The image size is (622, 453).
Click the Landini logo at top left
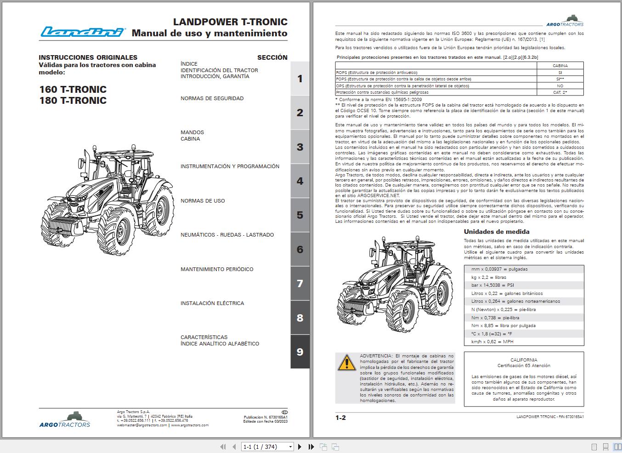83,32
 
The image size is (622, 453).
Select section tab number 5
300,215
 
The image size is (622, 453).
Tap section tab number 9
300,352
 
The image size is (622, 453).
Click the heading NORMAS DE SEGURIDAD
212,98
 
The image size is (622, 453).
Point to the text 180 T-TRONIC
73,101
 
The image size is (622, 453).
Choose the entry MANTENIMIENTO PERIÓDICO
217,269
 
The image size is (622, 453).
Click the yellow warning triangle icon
346,363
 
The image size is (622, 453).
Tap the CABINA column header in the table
560,66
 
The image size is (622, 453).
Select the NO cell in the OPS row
560,86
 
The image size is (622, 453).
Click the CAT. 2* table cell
560,92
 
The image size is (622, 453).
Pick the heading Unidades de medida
496,232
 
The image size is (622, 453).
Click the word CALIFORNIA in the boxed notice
524,360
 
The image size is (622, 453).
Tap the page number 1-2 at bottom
340,418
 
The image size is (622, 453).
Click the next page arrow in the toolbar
300,447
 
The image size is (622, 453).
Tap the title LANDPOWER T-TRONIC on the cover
230,22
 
